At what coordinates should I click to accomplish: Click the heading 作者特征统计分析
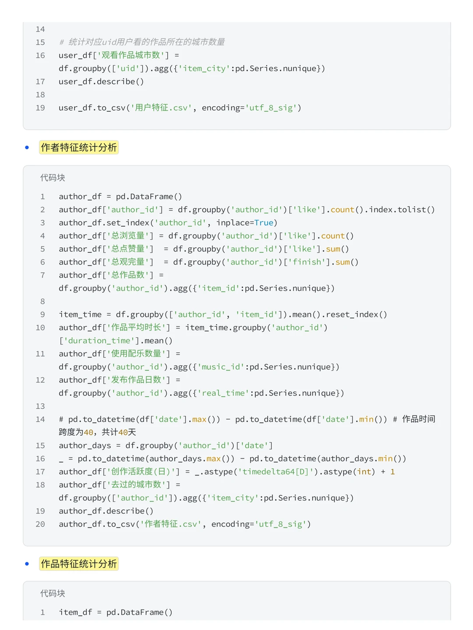coord(78,147)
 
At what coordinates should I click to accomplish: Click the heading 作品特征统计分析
coord(78,563)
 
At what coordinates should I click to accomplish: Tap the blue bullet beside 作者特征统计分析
coord(27,147)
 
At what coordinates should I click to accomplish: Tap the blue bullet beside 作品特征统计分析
coord(27,563)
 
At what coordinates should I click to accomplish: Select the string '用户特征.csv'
coord(161,108)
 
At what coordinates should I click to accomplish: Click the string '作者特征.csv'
coord(171,524)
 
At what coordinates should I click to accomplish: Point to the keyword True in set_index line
coord(264,223)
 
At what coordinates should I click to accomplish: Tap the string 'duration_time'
coord(99,341)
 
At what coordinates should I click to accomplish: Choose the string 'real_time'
coord(223,393)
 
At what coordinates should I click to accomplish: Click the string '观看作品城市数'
coord(130,55)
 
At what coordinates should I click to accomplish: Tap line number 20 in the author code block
coord(40,524)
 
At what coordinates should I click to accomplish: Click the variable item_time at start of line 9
coord(80,314)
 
